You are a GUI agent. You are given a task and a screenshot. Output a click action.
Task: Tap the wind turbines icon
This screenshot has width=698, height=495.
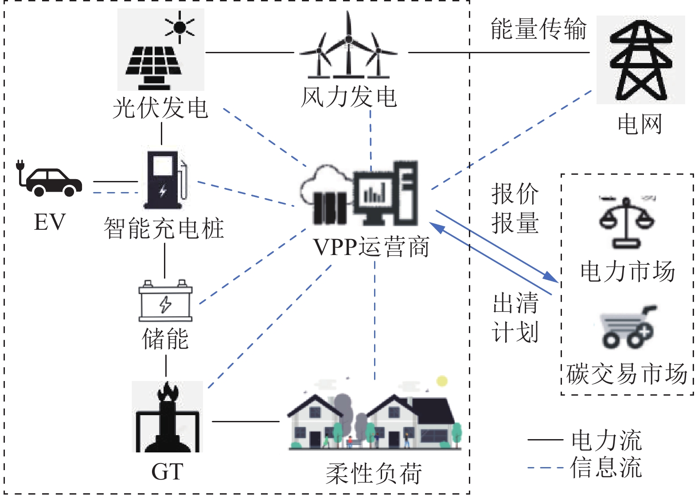(349, 47)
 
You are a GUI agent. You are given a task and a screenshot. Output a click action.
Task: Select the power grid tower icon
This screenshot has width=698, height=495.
(640, 60)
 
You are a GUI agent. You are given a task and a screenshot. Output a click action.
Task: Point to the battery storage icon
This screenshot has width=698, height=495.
(165, 302)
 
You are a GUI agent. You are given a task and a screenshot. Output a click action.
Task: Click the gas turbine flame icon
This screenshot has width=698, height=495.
(168, 417)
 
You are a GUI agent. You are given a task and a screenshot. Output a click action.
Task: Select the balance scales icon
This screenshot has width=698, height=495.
(627, 222)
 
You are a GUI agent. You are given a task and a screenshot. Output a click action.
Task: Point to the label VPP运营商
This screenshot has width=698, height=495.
(371, 247)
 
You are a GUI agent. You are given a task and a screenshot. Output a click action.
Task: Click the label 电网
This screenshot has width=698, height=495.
(640, 124)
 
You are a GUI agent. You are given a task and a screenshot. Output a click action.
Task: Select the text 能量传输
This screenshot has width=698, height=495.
(538, 29)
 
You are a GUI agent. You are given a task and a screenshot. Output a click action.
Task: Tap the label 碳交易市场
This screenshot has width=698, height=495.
(627, 374)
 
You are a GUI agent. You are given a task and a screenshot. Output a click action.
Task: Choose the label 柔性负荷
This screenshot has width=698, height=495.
(374, 473)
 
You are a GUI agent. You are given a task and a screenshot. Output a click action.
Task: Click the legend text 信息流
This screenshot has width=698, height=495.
(606, 467)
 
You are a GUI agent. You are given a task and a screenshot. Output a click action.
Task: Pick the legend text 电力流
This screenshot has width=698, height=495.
(606, 440)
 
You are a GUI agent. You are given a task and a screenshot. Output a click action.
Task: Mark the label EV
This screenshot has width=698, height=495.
(50, 222)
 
